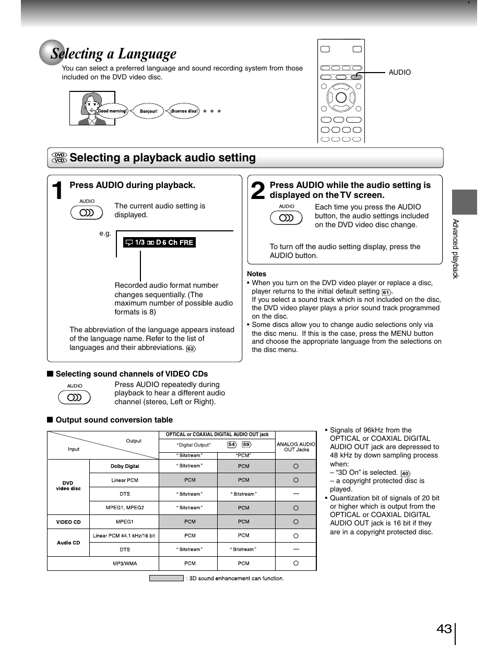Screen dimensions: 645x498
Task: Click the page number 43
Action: coord(444,629)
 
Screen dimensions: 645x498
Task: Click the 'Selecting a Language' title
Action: coord(113,54)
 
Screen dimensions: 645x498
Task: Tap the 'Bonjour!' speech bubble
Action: coord(148,111)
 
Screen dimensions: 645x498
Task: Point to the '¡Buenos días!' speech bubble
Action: coord(184,111)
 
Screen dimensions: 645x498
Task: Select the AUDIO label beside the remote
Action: coord(399,73)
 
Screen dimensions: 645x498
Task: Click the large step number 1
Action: coord(58,191)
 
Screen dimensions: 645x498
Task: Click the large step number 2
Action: coord(258,191)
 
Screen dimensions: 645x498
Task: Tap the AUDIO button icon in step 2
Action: coord(286,218)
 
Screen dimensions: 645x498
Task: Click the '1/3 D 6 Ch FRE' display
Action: coord(159,242)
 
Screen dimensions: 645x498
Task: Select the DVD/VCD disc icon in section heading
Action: coord(60,158)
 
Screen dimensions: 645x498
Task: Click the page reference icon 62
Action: coord(191,349)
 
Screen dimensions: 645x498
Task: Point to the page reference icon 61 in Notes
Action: coord(386,292)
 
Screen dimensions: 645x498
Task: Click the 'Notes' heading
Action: coord(256,274)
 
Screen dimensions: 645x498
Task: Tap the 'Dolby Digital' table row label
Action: coord(124,466)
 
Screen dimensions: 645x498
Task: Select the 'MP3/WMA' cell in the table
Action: coord(124,564)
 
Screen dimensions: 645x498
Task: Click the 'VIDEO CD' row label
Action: coord(68,522)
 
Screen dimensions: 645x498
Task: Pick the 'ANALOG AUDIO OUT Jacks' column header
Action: coord(296,447)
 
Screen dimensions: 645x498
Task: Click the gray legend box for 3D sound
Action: coord(166,578)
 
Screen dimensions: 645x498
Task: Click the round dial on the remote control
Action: coord(341,98)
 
